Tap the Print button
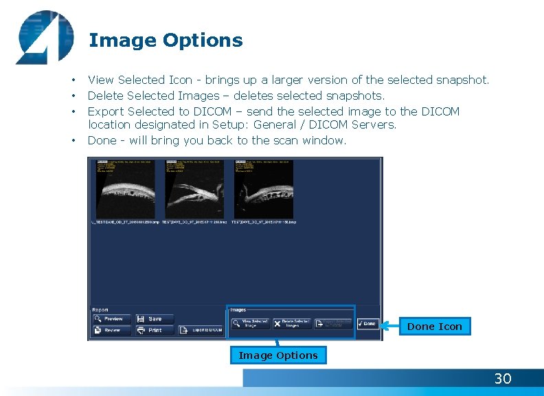(153, 331)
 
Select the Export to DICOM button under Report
(201, 331)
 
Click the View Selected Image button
(250, 324)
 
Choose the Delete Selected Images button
(292, 324)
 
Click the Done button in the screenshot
(367, 324)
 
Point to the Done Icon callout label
(435, 327)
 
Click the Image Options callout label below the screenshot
(278, 355)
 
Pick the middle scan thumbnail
(194, 190)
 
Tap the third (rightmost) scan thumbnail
(264, 190)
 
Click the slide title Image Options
(166, 41)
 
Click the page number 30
(503, 379)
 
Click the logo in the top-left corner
(44, 38)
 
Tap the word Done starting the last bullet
(102, 140)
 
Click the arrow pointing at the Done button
(389, 325)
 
